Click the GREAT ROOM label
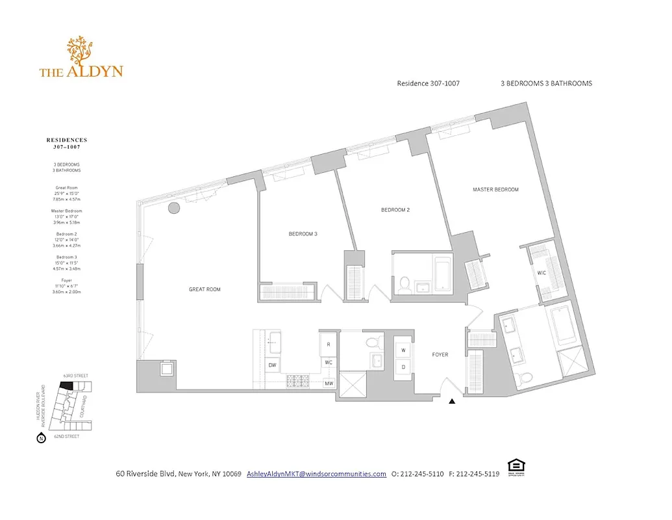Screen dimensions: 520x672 click(205, 289)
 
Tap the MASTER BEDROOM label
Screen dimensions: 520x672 click(495, 190)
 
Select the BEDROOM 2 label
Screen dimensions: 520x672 click(395, 210)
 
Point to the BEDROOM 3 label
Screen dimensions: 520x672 click(303, 234)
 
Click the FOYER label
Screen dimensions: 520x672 click(440, 354)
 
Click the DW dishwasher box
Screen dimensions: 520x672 click(272, 365)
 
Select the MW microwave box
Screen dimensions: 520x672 click(329, 383)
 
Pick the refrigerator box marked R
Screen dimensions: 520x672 click(329, 344)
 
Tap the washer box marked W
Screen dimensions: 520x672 click(403, 350)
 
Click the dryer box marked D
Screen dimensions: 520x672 click(403, 367)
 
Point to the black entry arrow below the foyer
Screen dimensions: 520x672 click(452, 402)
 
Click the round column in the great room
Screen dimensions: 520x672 click(173, 209)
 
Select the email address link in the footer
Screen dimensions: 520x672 click(316, 474)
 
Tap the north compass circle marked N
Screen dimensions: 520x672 click(41, 439)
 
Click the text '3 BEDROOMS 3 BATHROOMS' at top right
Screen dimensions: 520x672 click(546, 83)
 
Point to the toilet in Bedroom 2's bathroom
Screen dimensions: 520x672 click(403, 283)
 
